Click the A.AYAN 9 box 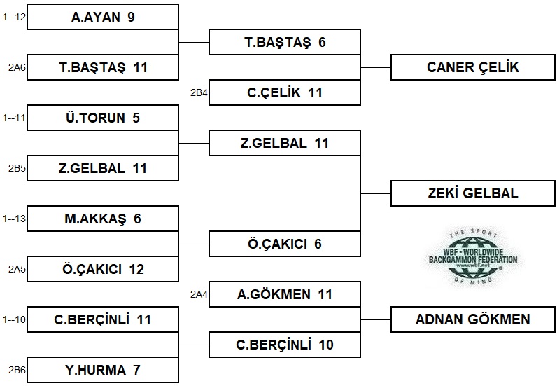pos(103,17)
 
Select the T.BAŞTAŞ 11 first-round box pos(103,67)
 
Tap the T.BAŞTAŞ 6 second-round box pos(285,42)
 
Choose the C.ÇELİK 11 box pos(285,92)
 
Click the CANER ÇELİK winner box pos(473,67)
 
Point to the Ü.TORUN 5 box pos(103,118)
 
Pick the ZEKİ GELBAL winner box pos(473,193)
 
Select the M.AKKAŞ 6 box pos(103,219)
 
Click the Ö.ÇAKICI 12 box pos(103,269)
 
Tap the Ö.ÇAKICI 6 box pos(285,244)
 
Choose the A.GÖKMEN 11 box pos(285,294)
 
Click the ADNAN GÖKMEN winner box pos(473,319)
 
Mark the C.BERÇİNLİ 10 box pos(285,345)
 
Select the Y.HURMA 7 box pos(103,370)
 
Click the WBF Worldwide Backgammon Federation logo pos(473,257)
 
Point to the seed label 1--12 pos(14,17)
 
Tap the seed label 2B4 pos(199,92)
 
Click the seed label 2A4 pos(199,294)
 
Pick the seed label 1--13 pos(14,219)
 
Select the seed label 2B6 pos(17,370)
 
